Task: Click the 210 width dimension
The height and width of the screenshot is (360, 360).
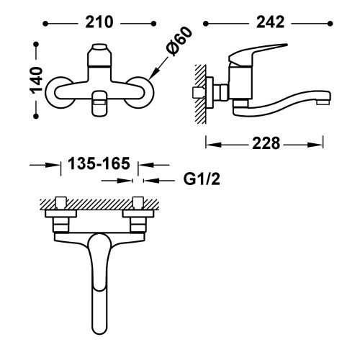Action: point(99,23)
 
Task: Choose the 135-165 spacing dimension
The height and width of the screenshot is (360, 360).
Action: point(99,164)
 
